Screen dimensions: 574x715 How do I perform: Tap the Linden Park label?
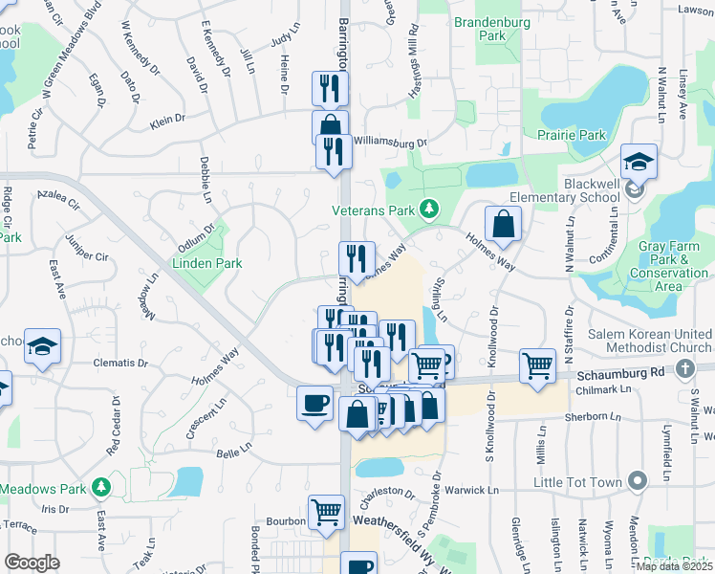click(x=206, y=263)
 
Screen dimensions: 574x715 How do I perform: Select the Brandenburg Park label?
click(x=492, y=29)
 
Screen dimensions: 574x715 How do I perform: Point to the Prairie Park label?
click(x=572, y=135)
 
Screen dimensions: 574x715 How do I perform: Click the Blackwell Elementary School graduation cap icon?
click(x=639, y=162)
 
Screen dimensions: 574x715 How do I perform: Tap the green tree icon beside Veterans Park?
click(x=431, y=208)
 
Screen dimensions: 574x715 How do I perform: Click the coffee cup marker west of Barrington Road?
click(x=314, y=403)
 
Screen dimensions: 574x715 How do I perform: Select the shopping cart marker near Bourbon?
click(x=327, y=513)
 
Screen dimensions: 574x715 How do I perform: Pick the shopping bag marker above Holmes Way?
click(x=502, y=226)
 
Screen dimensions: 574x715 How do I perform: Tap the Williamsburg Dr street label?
click(x=389, y=142)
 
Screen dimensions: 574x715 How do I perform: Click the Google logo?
click(x=32, y=563)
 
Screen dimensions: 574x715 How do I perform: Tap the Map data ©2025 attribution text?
click(x=674, y=566)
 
